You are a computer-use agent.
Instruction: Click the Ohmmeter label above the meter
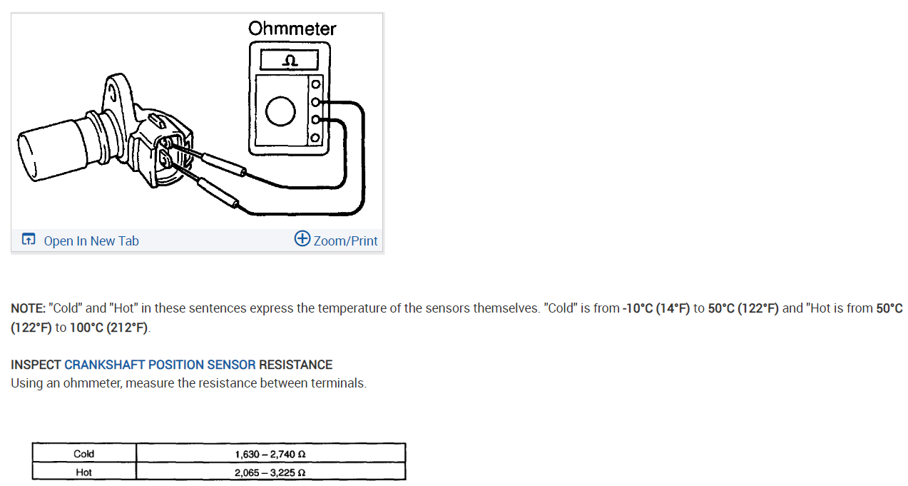pyautogui.click(x=292, y=29)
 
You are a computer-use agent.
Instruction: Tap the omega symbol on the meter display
pyautogui.click(x=289, y=60)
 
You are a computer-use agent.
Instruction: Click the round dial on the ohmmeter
pyautogui.click(x=280, y=110)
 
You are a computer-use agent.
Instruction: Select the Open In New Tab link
pyautogui.click(x=91, y=241)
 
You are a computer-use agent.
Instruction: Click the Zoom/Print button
pyautogui.click(x=345, y=241)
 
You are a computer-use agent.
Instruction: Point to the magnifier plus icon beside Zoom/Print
pyautogui.click(x=302, y=239)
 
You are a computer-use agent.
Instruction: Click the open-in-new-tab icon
pyautogui.click(x=28, y=240)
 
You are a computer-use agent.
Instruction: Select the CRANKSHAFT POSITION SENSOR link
pyautogui.click(x=160, y=365)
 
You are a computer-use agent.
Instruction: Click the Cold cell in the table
pyautogui.click(x=83, y=454)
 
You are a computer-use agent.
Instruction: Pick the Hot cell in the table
pyautogui.click(x=83, y=472)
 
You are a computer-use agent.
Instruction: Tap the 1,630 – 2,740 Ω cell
pyautogui.click(x=270, y=454)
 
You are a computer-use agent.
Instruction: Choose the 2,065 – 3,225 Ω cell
pyautogui.click(x=270, y=472)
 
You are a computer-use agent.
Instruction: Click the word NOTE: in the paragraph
pyautogui.click(x=28, y=308)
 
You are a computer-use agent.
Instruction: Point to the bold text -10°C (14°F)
pyautogui.click(x=656, y=308)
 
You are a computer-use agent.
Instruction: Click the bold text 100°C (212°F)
pyautogui.click(x=110, y=328)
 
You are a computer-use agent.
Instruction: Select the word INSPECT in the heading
pyautogui.click(x=36, y=365)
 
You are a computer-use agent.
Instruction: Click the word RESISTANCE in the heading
pyautogui.click(x=295, y=365)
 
